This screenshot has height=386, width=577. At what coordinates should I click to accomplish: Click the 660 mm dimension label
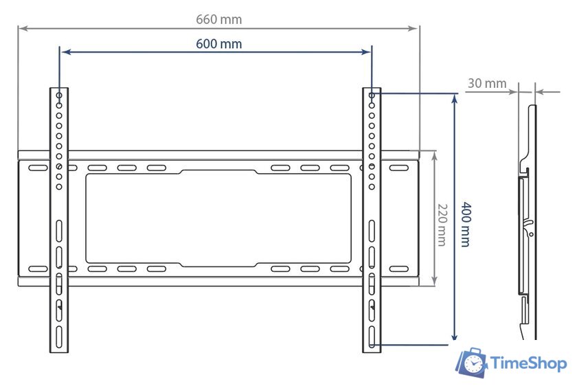(218, 19)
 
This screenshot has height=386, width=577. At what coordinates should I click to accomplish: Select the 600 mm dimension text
(218, 44)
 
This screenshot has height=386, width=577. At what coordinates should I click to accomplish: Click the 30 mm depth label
(486, 84)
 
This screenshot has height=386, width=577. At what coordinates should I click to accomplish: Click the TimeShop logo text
(528, 363)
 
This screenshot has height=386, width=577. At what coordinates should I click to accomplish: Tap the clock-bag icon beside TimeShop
(473, 363)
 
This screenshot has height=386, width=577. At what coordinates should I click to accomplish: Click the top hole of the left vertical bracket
(59, 95)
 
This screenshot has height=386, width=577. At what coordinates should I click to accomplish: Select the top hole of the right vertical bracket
(372, 95)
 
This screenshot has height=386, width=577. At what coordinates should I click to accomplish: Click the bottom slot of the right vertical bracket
(372, 337)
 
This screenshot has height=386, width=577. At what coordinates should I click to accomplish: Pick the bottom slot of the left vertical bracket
(59, 337)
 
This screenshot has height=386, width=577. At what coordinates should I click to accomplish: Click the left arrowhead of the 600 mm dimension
(65, 51)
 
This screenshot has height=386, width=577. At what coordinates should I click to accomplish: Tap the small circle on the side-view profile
(530, 234)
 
